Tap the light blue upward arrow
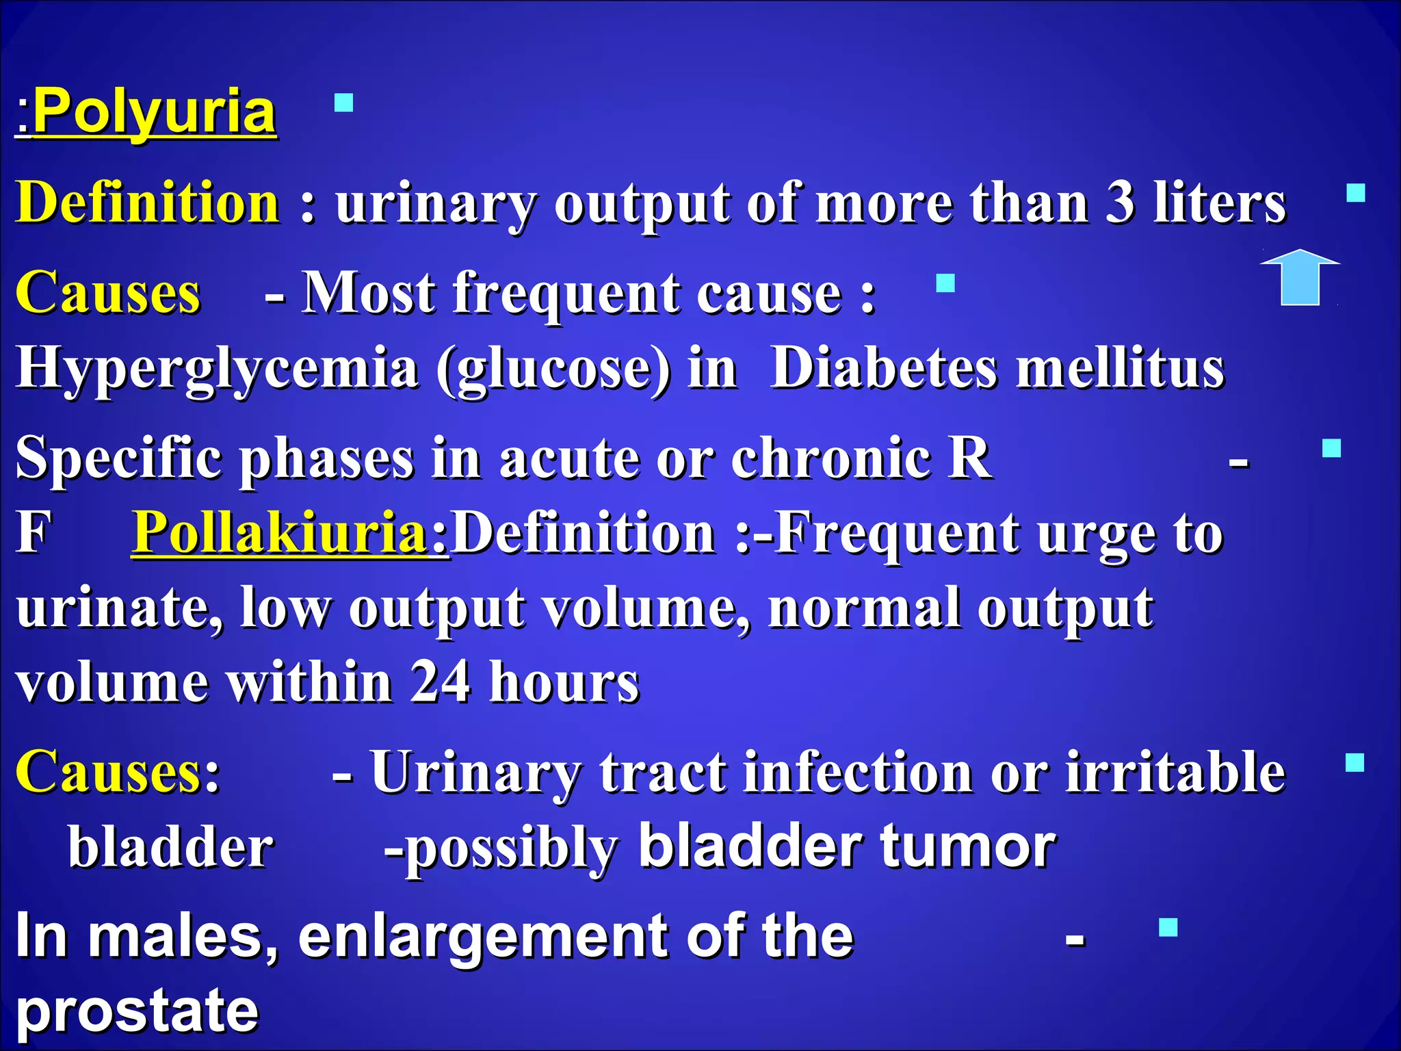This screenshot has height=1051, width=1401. click(x=1300, y=277)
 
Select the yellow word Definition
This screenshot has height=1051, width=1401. click(x=148, y=203)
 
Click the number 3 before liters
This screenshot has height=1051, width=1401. click(x=1121, y=203)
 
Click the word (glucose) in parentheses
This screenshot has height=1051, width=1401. click(x=554, y=368)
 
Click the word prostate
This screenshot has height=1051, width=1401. click(x=137, y=1010)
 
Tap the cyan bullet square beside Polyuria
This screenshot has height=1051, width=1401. click(x=343, y=103)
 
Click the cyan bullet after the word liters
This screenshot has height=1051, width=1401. click(x=1355, y=194)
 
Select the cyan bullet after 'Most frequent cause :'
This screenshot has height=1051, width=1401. click(x=945, y=283)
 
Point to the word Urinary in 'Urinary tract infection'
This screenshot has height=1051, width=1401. click(x=476, y=772)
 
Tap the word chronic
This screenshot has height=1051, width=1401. click(x=830, y=457)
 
